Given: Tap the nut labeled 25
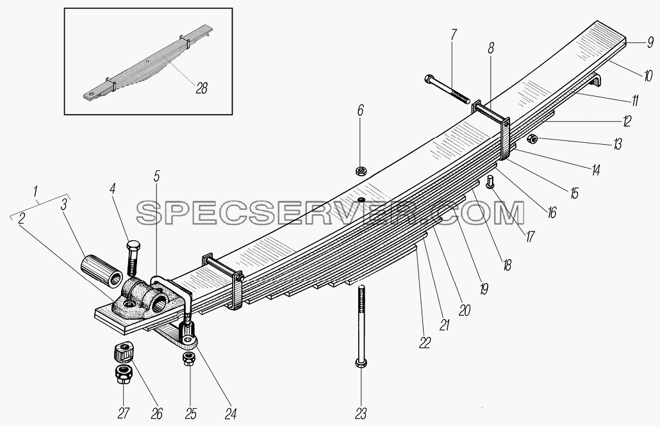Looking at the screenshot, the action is pos(188,359).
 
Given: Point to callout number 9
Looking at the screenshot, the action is pos(650,42).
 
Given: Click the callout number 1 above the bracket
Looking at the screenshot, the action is pos(36,192).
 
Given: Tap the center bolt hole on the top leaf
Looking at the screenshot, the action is pos(361,199).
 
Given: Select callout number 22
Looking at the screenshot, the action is pos(424,343).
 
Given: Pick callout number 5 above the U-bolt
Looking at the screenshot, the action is pos(156,176).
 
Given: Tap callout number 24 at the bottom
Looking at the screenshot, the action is pos(230,414).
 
